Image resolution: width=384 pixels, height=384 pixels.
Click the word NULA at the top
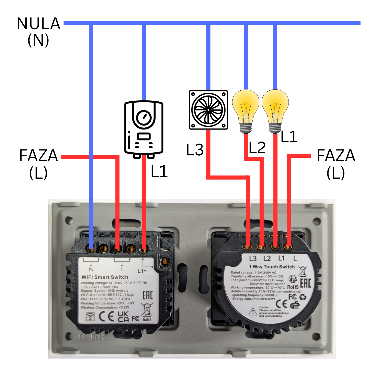click(38, 24)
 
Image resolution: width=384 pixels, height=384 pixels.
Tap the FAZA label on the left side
click(38, 155)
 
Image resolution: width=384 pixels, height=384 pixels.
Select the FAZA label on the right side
click(336, 155)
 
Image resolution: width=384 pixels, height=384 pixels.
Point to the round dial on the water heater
click(144, 118)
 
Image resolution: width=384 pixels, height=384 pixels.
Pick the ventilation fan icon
click(208, 110)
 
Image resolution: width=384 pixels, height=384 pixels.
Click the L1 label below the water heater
click(159, 171)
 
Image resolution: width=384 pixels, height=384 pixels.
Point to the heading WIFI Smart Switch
click(105, 277)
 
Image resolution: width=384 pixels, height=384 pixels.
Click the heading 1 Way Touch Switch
click(272, 267)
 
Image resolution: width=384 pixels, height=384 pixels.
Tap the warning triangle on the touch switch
click(253, 312)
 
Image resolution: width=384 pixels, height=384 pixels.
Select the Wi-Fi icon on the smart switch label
click(90, 317)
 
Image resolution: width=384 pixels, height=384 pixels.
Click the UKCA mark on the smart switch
click(123, 316)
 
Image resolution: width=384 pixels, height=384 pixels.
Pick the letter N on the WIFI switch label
click(91, 270)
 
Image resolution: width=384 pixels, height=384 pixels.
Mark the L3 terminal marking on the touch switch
click(253, 258)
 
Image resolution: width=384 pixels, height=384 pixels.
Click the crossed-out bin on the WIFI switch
click(147, 310)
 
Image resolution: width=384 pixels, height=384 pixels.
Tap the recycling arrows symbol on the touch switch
click(303, 297)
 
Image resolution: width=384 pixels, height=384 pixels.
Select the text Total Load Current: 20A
click(100, 287)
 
